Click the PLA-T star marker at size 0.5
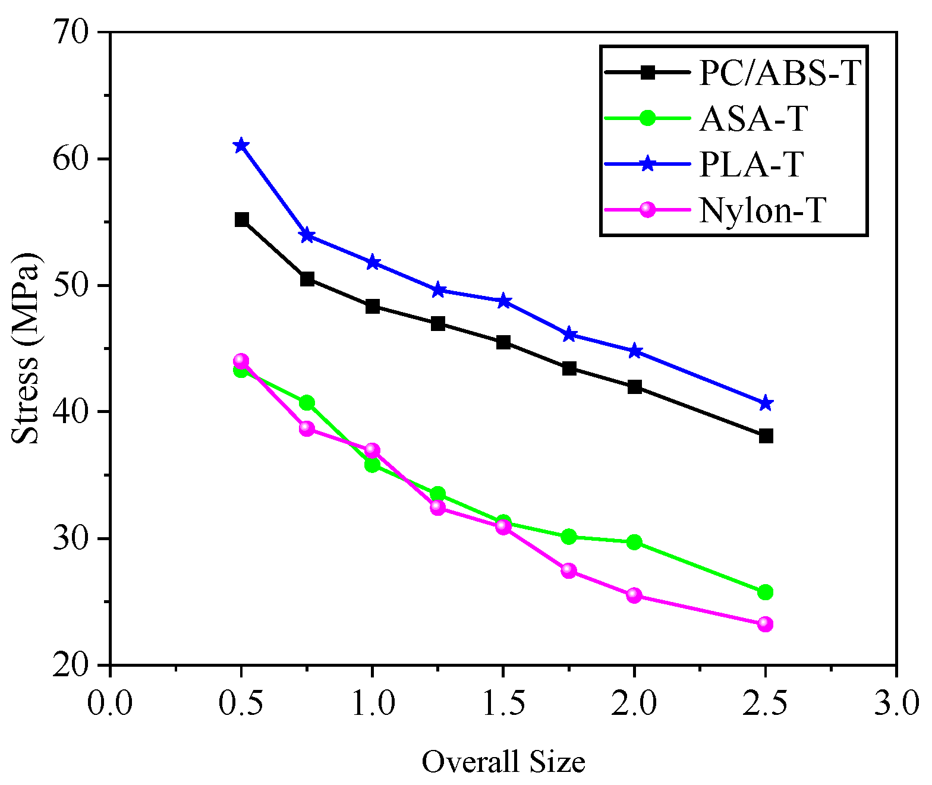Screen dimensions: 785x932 241,146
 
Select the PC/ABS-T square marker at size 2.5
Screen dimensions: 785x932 766,436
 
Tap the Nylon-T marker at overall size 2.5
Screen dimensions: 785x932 766,624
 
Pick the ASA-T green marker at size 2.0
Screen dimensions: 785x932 634,542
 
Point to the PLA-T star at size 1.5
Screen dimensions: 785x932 503,301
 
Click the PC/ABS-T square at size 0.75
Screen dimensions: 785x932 307,279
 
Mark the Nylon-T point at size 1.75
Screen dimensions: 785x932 569,570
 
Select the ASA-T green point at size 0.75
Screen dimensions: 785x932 307,403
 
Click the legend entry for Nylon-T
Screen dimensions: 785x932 763,210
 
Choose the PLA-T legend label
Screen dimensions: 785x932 752,164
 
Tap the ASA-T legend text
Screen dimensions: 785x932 754,118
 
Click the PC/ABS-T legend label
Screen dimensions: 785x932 779,73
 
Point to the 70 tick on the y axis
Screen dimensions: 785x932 71,31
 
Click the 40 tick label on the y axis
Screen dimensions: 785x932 71,411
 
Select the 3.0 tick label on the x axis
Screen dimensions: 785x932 895,703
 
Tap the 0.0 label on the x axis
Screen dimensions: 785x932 110,703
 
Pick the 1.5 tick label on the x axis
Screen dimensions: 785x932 503,703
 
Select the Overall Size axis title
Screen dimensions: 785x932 503,761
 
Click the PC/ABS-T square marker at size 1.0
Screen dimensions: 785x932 373,307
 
